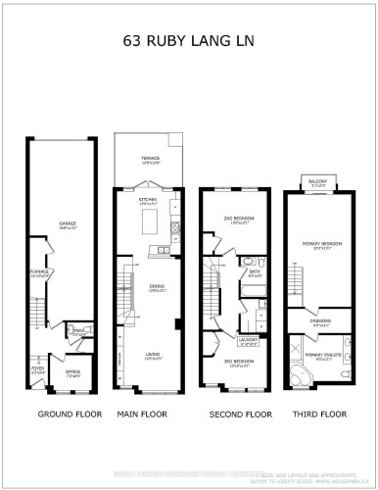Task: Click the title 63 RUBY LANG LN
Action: tap(189, 42)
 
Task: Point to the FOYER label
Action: tap(38, 370)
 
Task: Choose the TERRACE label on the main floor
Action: tap(149, 158)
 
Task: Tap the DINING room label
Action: tap(146, 288)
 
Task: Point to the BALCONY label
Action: tap(316, 181)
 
